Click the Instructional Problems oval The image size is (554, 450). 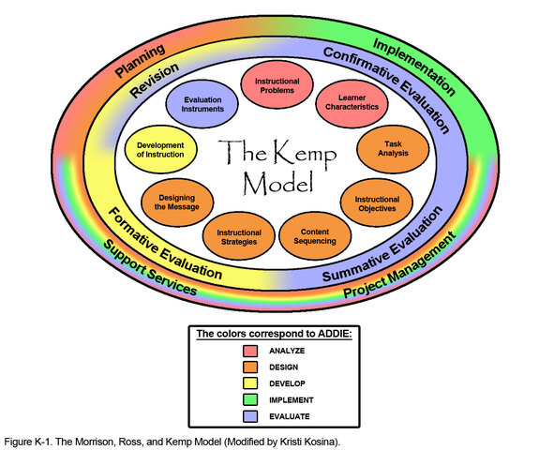pos(277,84)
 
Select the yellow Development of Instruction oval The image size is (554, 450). pos(159,150)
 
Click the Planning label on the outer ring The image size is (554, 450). pos(140,59)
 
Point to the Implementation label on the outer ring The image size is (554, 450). pos(415,67)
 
